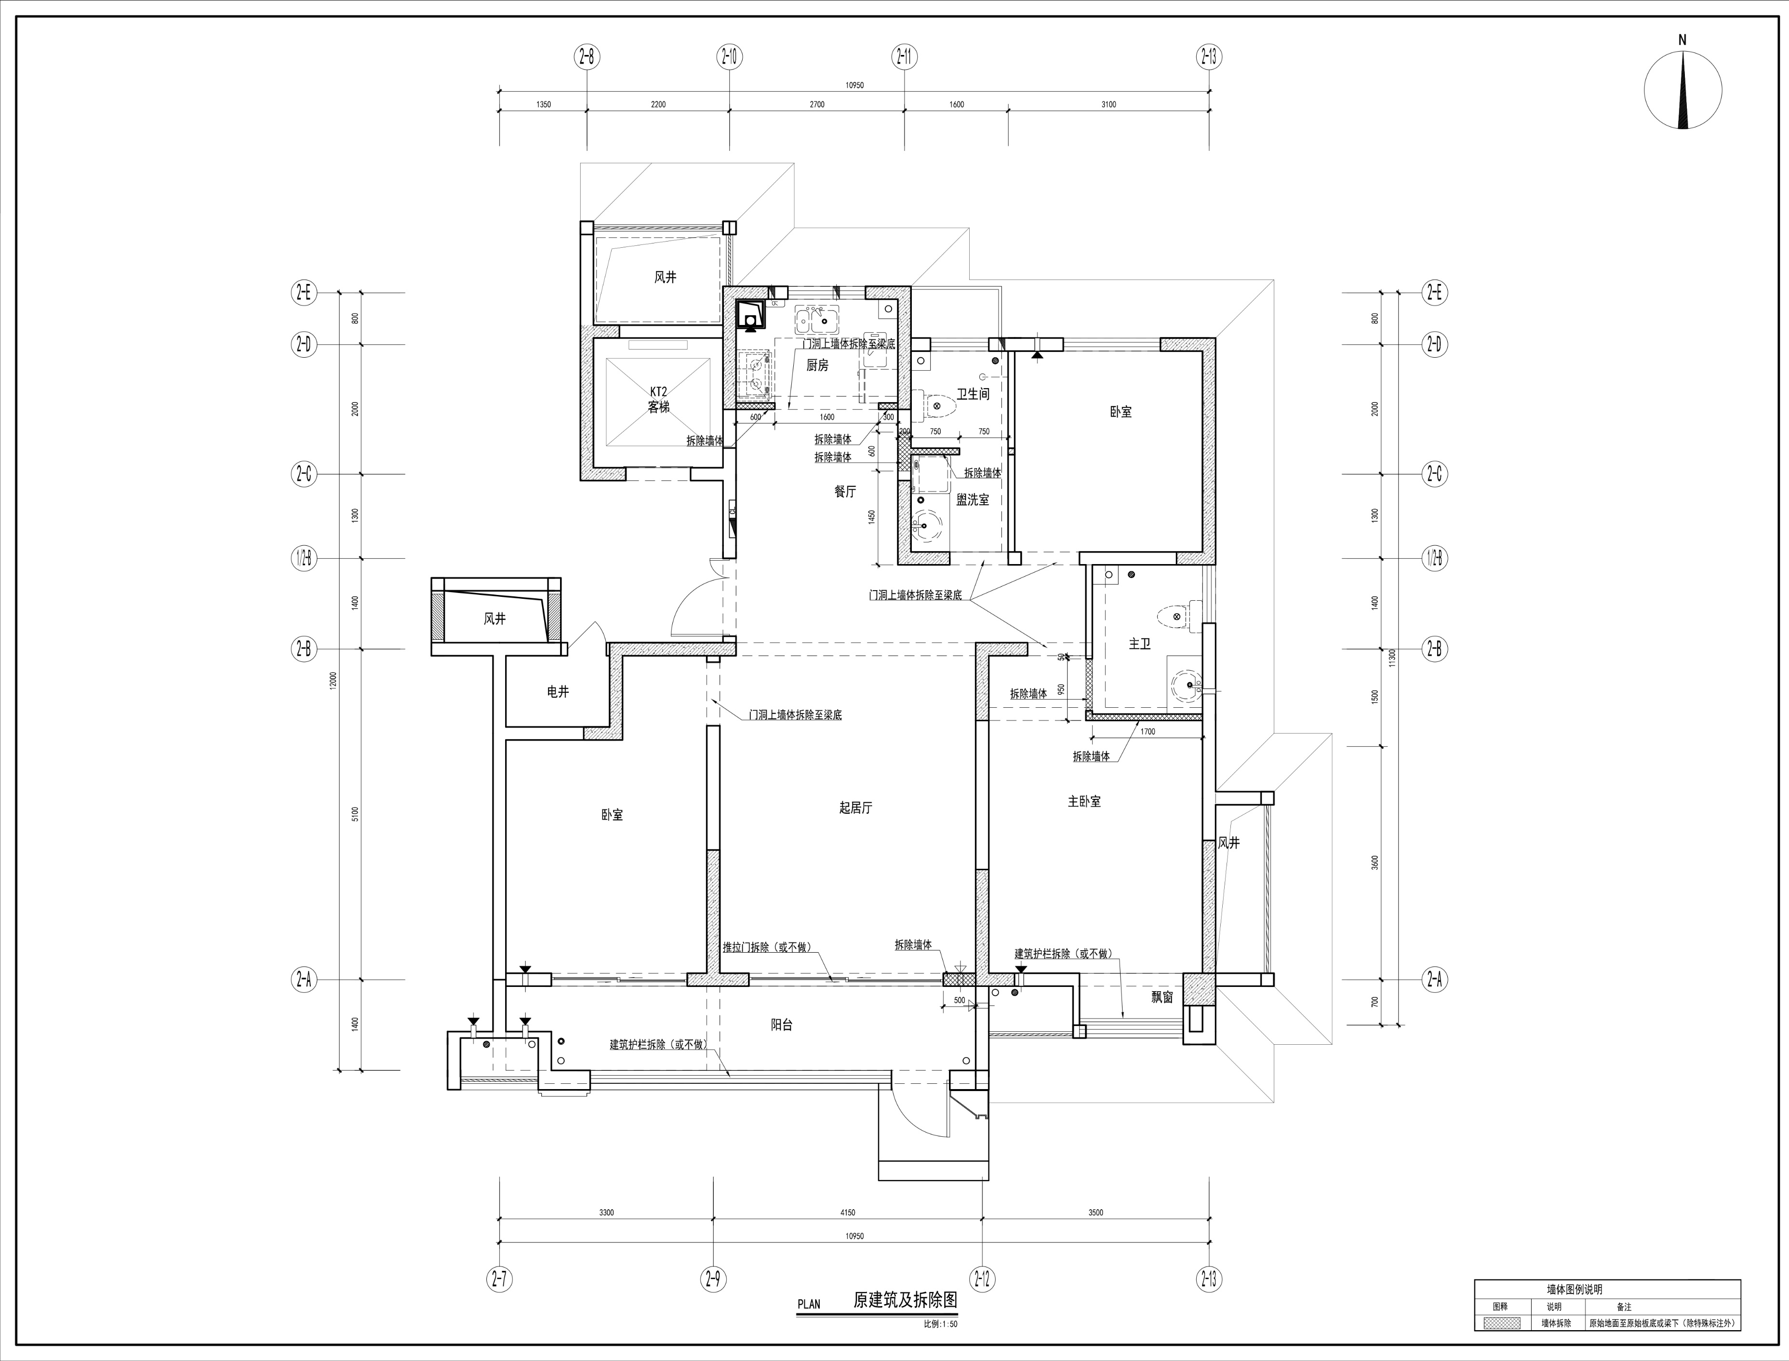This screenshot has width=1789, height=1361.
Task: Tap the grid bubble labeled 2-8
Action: tap(587, 57)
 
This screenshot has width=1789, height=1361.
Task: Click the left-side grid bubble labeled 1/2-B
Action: tap(303, 558)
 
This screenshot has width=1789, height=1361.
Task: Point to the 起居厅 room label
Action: tap(855, 808)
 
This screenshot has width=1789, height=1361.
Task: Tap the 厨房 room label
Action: tap(817, 365)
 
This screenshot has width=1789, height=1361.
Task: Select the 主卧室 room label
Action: tap(1083, 801)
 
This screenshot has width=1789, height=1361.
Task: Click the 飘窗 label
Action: tap(1162, 997)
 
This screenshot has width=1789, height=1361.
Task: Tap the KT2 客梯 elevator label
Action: tap(658, 399)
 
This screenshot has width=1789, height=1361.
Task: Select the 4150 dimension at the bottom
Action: tap(847, 1213)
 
